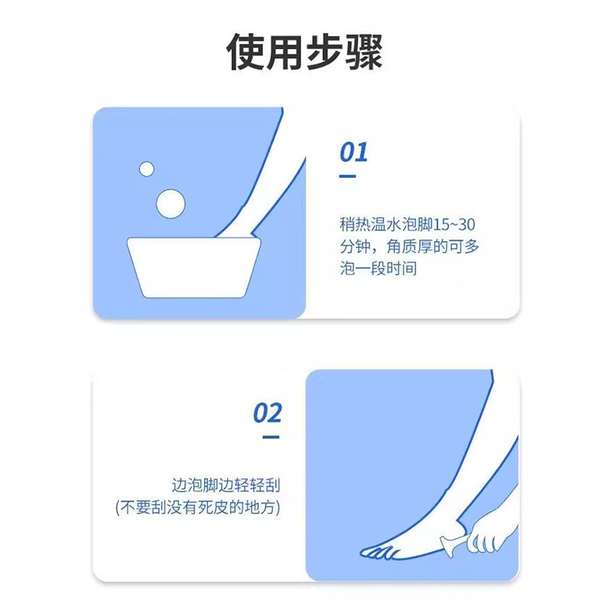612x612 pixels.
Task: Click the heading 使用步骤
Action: (x=305, y=51)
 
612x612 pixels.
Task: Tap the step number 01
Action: (x=353, y=152)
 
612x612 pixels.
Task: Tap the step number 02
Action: (x=268, y=414)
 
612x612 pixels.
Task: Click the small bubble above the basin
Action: (x=147, y=168)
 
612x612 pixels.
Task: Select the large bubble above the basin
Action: (x=171, y=202)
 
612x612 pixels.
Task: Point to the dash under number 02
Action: (x=270, y=438)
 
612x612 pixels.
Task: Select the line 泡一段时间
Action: (x=379, y=270)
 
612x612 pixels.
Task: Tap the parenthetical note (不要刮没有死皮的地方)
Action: (x=197, y=508)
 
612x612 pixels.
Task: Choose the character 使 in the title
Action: (x=248, y=51)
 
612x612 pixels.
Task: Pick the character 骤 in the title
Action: (x=363, y=51)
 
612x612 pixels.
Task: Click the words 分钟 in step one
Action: (x=354, y=248)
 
